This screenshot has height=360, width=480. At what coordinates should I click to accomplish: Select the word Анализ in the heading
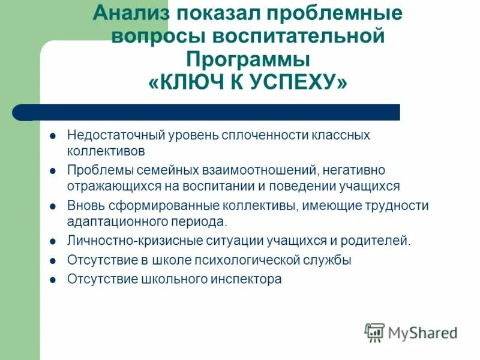point(135,13)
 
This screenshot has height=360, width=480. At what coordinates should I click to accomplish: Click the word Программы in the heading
point(247,59)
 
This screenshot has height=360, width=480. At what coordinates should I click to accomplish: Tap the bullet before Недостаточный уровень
point(52,135)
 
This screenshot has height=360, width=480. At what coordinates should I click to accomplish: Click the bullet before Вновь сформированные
point(52,205)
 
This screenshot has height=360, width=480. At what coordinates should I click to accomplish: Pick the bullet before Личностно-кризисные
point(52,241)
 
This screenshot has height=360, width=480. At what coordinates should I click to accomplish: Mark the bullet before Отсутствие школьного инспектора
point(52,279)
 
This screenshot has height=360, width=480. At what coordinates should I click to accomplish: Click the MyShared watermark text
point(423,332)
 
